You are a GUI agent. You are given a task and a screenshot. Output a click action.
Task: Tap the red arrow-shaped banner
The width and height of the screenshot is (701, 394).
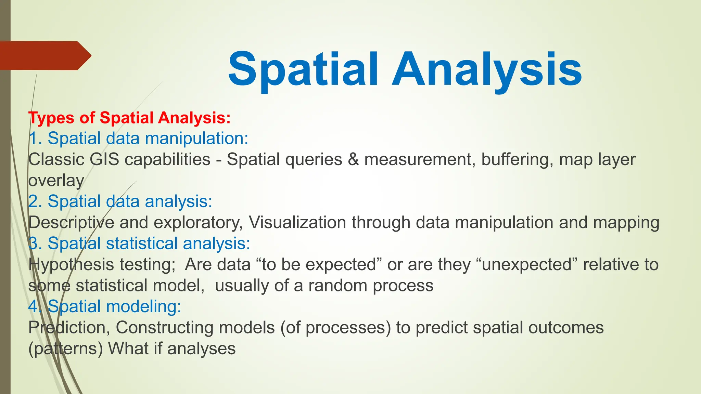[44, 55]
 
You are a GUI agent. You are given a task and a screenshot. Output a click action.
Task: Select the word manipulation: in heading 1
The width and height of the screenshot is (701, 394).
[196, 139]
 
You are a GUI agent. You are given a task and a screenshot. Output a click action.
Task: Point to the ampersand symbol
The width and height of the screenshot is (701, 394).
[353, 159]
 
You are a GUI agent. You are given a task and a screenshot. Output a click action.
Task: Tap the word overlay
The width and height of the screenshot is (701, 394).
[56, 181]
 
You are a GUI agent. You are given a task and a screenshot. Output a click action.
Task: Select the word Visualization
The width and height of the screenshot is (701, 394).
[297, 223]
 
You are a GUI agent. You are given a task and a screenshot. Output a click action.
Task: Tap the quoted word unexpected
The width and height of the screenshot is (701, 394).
[527, 265]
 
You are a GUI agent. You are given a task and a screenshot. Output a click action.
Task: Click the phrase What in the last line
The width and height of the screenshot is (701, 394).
[127, 349]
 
